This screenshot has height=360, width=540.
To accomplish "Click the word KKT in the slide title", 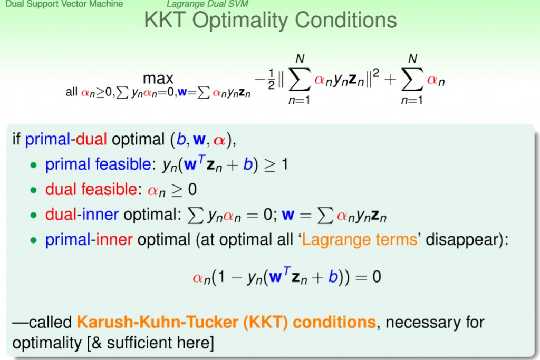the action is (165, 20).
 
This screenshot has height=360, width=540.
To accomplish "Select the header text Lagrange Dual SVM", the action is (207, 4).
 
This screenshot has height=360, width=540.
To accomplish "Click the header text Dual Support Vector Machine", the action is (64, 4).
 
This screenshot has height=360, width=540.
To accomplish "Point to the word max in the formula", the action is (158, 79).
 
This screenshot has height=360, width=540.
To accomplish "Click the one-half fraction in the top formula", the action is (272, 79).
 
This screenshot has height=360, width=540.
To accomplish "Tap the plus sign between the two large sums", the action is (390, 80).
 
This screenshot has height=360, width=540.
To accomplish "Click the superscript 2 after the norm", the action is (375, 73).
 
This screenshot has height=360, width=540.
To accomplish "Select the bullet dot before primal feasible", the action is (33, 165).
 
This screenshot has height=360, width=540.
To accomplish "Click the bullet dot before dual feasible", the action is (33, 190).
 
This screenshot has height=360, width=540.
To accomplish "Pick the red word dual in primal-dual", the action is (91, 139).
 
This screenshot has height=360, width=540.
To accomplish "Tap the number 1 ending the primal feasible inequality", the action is (284, 164).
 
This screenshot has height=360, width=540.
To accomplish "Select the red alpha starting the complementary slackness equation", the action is (198, 277).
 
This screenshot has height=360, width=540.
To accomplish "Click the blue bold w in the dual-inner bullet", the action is (288, 216).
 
